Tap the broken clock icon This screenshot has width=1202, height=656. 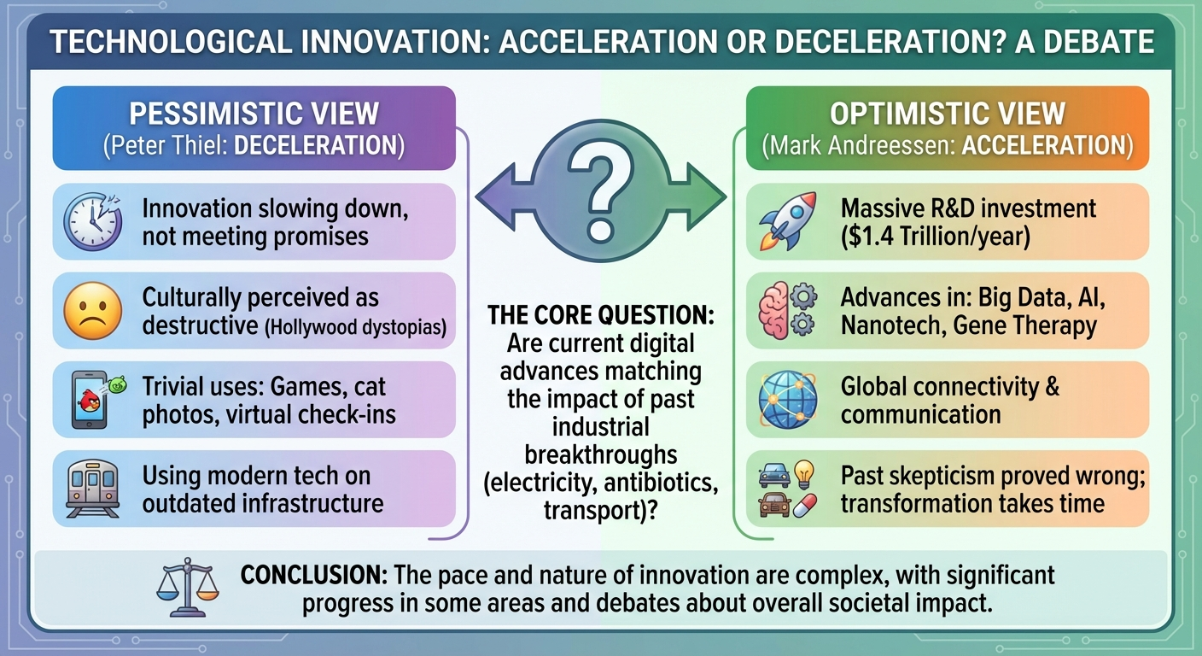coord(93,222)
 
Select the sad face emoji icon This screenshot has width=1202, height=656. coord(92,311)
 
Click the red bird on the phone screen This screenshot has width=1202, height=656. coord(90,401)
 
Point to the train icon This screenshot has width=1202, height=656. coord(92,489)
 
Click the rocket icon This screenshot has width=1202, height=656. coord(788,221)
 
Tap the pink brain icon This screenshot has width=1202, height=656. coord(773,311)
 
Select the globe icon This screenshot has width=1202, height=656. coord(788,400)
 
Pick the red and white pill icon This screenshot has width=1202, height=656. coord(804,506)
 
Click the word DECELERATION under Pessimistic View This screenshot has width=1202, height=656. coord(316,145)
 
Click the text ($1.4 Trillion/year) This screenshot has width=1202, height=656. coord(936,237)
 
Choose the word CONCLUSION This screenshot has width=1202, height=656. coord(314,575)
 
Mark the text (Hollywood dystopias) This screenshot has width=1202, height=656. coord(356,327)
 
